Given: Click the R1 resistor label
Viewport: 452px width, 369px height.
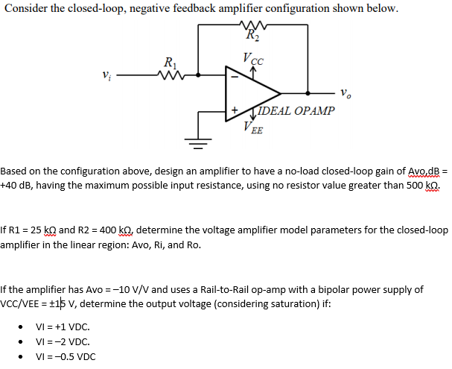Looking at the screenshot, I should pyautogui.click(x=171, y=63).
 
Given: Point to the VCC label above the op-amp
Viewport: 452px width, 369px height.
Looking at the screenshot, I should pyautogui.click(x=252, y=56).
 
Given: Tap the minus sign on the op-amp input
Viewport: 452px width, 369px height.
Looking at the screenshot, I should pyautogui.click(x=234, y=75).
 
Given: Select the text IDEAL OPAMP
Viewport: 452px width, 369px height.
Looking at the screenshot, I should pyautogui.click(x=295, y=111).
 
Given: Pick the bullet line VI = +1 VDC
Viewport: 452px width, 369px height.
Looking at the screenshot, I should pyautogui.click(x=63, y=327).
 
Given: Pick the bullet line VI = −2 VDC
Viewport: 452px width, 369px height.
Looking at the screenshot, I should pyautogui.click(x=63, y=341).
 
